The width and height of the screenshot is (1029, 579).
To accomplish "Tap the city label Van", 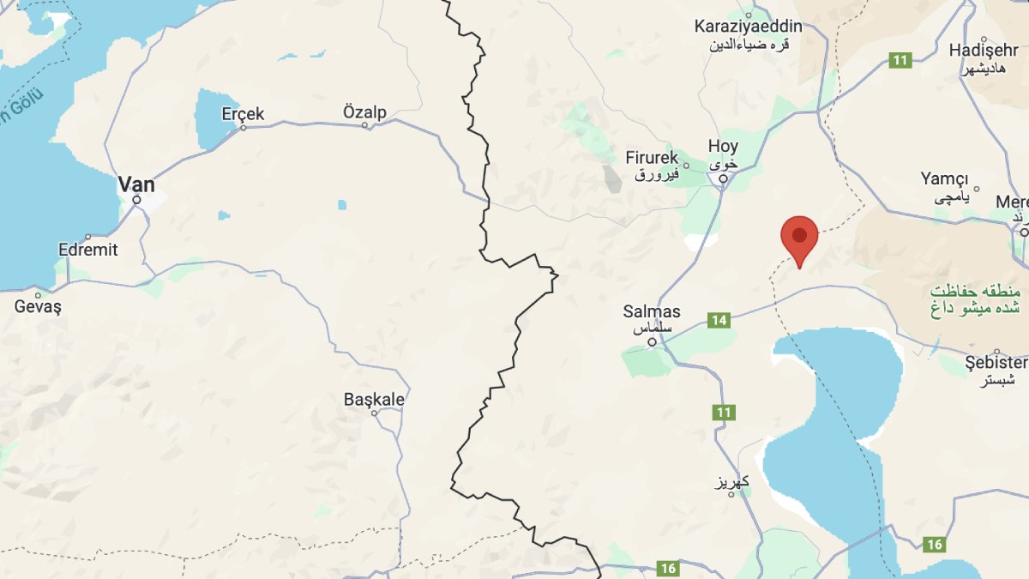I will tap(135, 183).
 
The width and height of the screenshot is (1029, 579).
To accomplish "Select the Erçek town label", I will tap(243, 113).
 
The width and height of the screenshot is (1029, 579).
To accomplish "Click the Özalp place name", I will tap(364, 112).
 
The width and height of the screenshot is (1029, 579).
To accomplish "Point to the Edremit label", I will tap(87, 250).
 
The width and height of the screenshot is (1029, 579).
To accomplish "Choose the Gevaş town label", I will tap(38, 305).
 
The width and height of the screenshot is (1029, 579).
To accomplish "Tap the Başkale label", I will tap(374, 399).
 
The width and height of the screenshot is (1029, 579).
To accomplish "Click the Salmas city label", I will tap(652, 312).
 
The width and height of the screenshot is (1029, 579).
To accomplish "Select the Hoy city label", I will tap(723, 146).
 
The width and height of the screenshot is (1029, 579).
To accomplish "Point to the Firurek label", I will tap(652, 158).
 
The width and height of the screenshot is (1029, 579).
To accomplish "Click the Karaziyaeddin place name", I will tap(749, 27).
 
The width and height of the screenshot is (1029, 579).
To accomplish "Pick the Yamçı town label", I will tap(944, 178).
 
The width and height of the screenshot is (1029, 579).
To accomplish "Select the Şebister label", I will tap(995, 362).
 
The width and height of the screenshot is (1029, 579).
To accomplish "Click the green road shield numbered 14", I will tap(719, 320).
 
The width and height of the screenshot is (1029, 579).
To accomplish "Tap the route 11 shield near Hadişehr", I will tap(900, 60).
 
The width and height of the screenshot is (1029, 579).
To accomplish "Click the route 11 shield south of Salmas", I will tap(724, 413).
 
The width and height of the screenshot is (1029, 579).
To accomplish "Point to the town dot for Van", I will tap(136, 200).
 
